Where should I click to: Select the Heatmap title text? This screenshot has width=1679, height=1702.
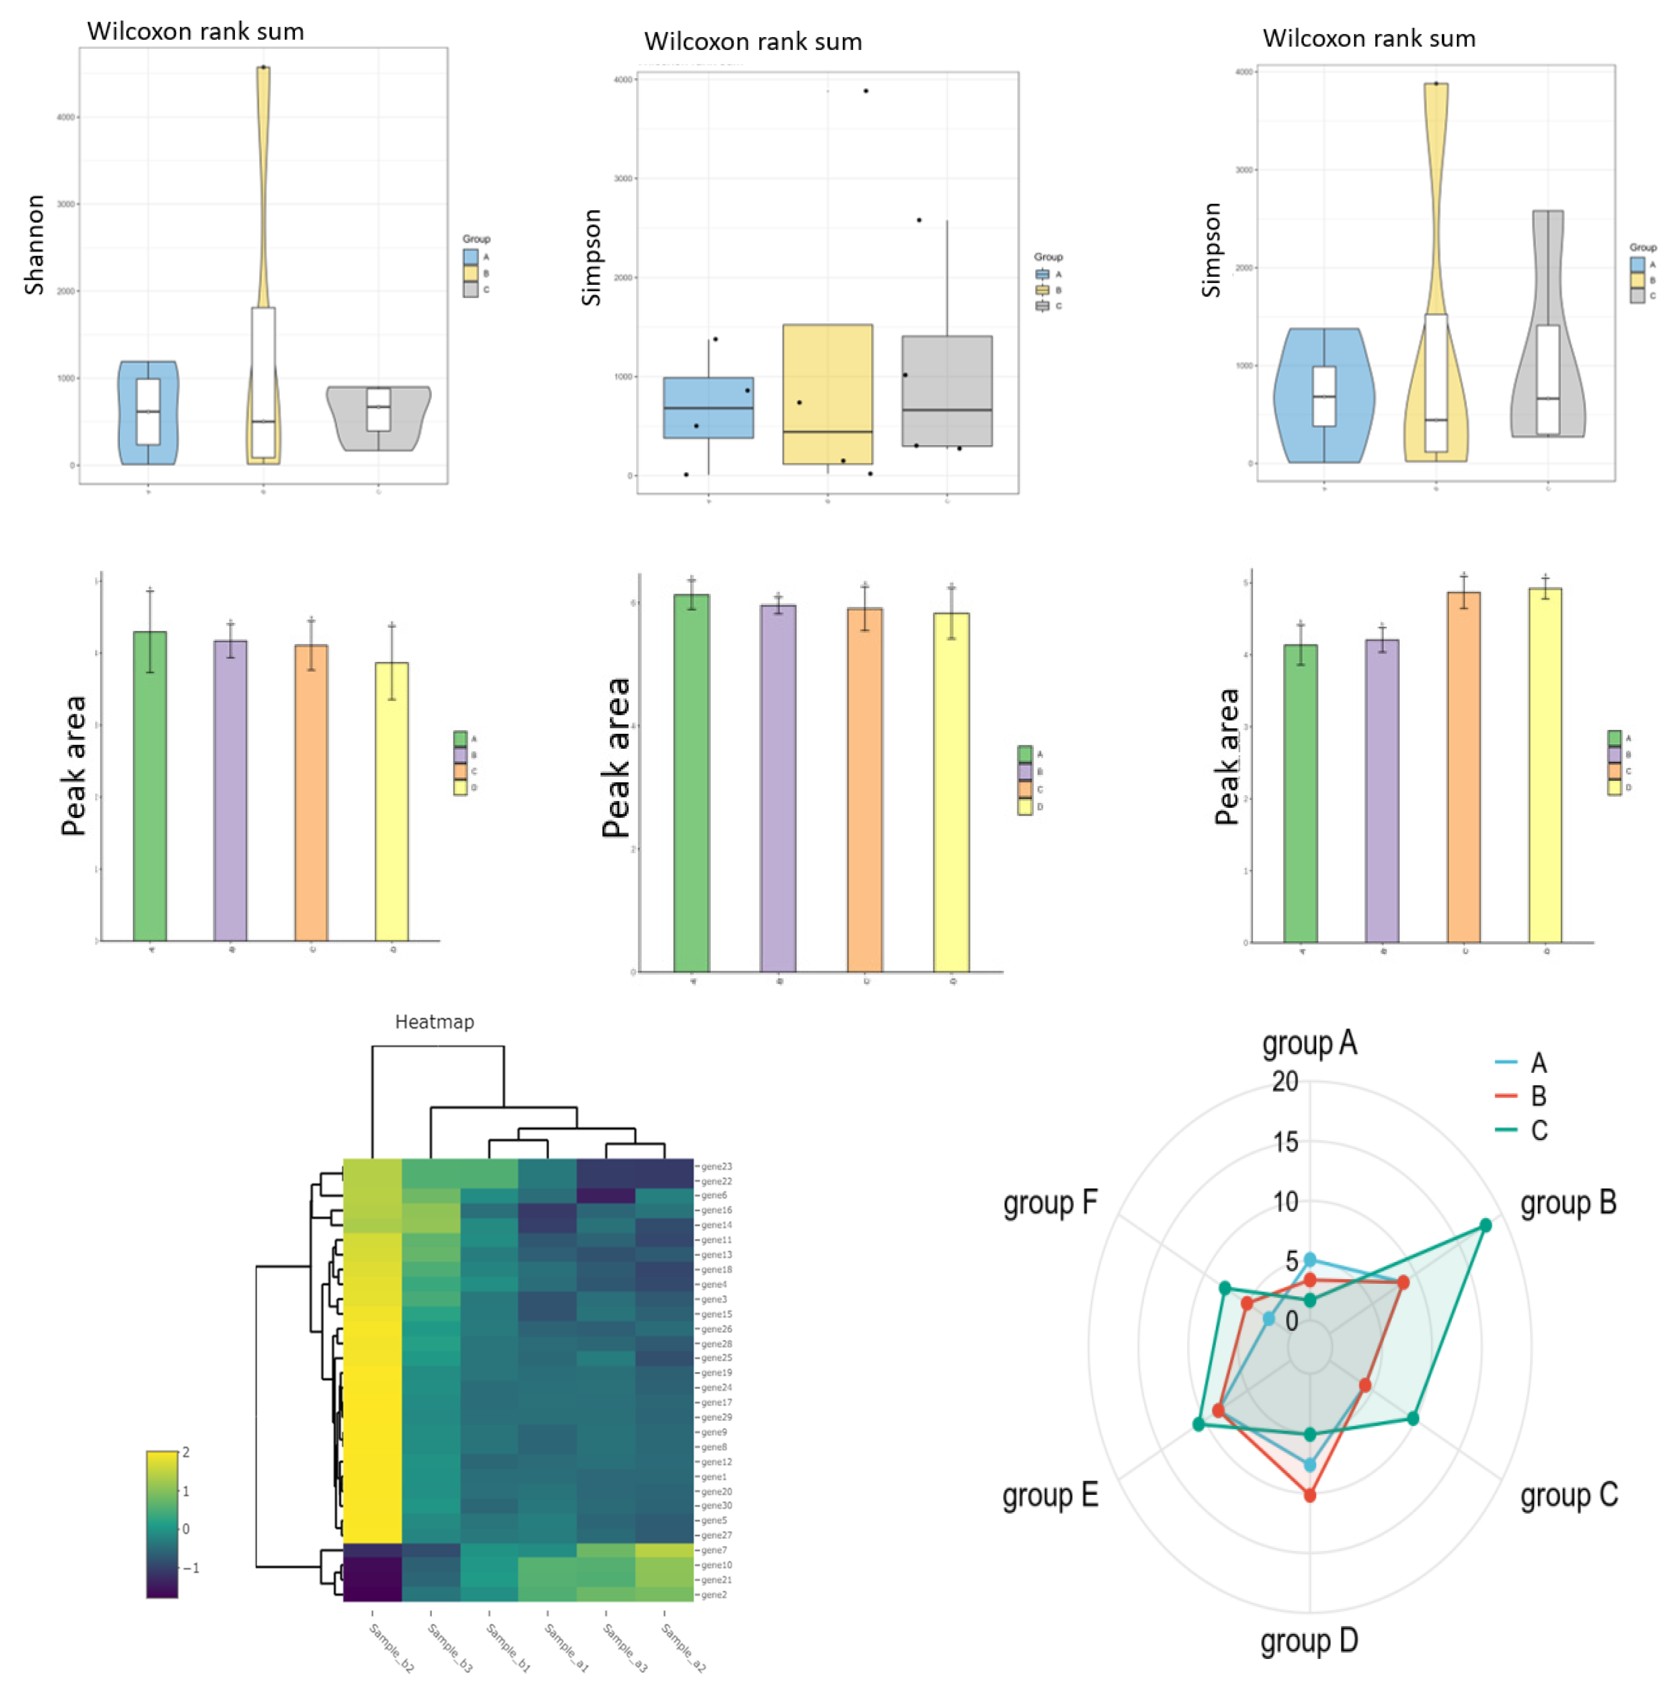click(x=434, y=1022)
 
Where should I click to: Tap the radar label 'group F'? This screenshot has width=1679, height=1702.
click(x=1050, y=1202)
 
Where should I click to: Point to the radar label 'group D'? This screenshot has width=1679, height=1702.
click(x=1309, y=1640)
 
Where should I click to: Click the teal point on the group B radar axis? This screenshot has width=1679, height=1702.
click(x=1485, y=1225)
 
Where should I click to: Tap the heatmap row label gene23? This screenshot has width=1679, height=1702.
click(x=716, y=1167)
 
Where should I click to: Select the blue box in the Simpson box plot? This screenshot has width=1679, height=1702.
click(x=708, y=408)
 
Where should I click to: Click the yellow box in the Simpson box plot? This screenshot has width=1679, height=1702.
click(x=827, y=394)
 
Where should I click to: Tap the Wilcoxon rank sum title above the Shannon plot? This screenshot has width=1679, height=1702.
click(x=196, y=32)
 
